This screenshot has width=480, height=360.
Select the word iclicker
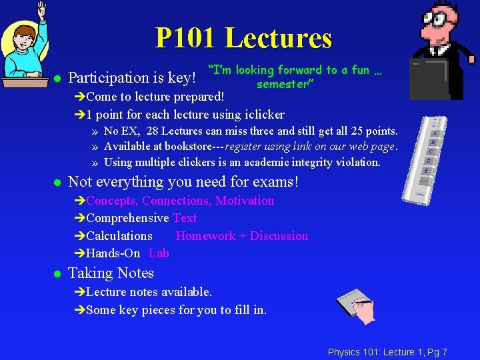click(x=263, y=114)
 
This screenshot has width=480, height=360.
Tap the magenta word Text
click(x=185, y=218)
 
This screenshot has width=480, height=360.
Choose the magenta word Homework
click(x=205, y=236)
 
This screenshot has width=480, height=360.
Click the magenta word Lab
click(x=159, y=253)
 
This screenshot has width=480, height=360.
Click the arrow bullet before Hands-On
click(x=81, y=253)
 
